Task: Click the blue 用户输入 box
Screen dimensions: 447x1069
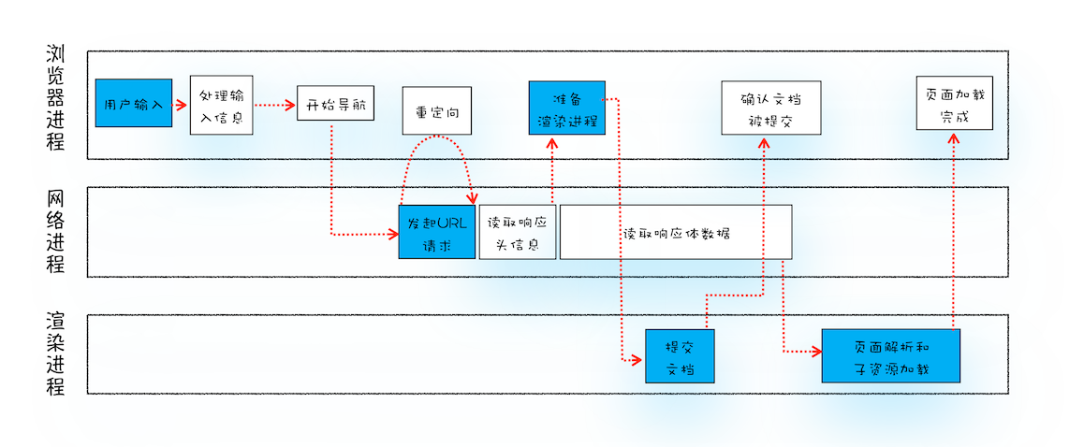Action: click(x=134, y=103)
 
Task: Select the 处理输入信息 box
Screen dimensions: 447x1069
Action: click(x=221, y=105)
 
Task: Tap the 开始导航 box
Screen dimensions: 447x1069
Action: click(x=335, y=104)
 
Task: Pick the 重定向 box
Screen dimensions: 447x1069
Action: click(x=436, y=111)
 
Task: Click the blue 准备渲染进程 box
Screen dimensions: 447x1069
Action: click(x=566, y=108)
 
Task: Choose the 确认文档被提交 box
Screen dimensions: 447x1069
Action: click(x=770, y=107)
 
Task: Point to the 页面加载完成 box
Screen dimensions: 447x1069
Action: click(x=955, y=103)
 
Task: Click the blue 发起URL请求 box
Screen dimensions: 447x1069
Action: click(x=437, y=232)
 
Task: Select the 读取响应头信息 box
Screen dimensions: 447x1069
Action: click(x=518, y=232)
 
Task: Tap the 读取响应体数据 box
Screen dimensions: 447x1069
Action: click(x=676, y=232)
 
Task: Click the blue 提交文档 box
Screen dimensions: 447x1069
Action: click(x=680, y=355)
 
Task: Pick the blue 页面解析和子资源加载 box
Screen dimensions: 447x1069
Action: click(x=890, y=355)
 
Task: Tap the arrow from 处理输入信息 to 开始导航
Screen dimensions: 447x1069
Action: click(x=274, y=105)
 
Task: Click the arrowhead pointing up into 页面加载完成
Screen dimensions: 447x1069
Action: click(x=953, y=137)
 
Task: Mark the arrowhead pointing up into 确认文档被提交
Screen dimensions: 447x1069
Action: click(x=765, y=143)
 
